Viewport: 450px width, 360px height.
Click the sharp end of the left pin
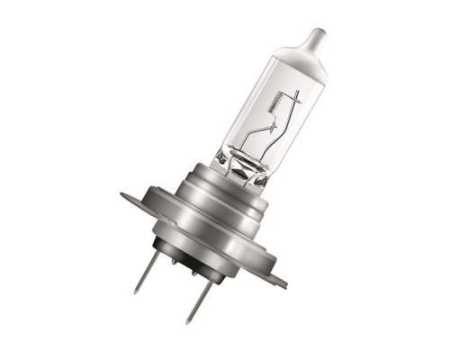point(136,292)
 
